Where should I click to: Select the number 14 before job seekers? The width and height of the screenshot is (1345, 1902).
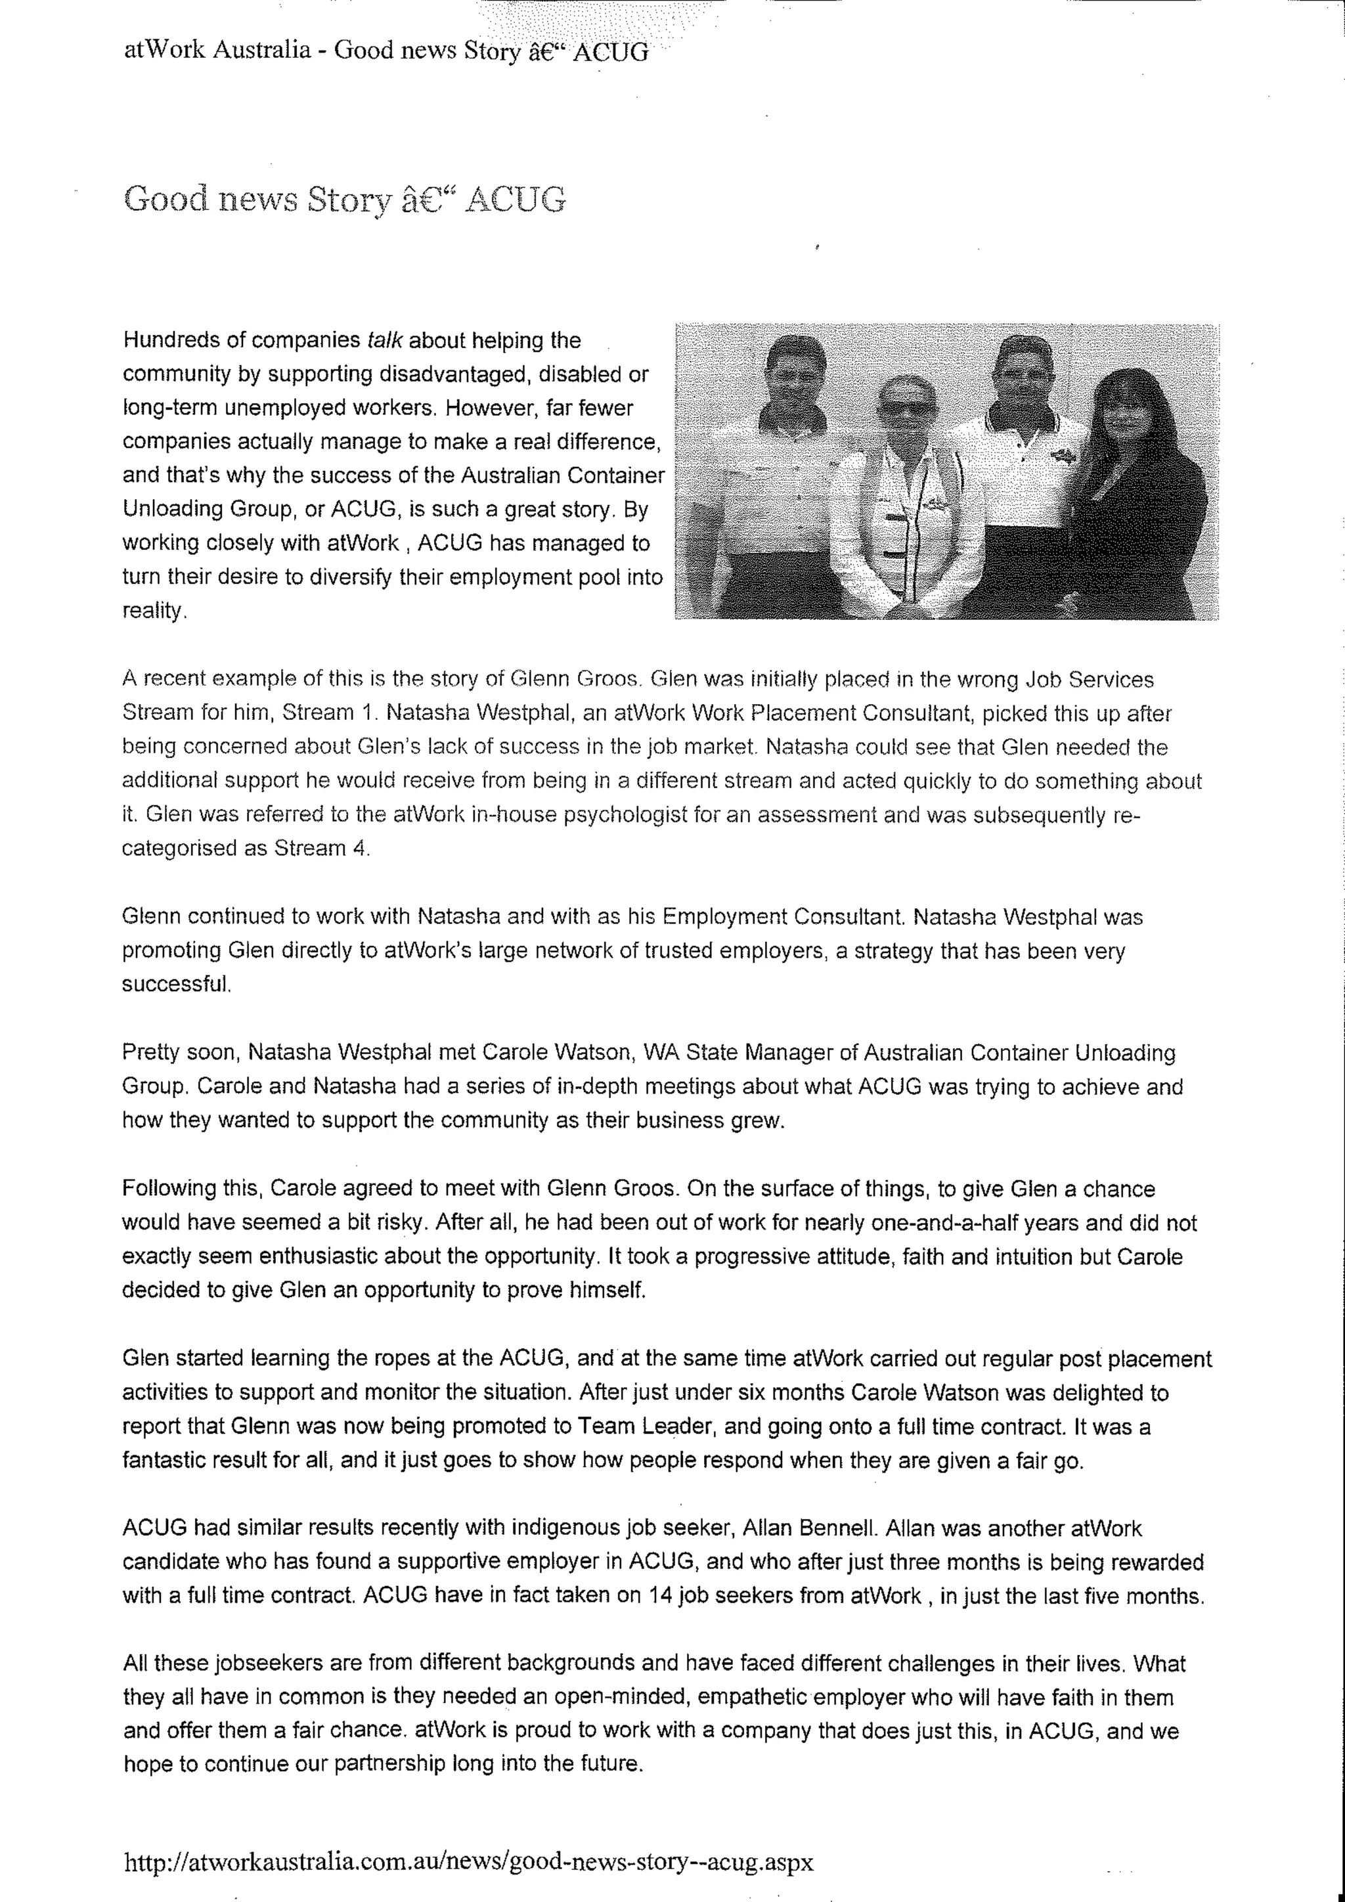point(660,1597)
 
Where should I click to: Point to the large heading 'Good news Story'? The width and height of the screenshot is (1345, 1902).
point(343,200)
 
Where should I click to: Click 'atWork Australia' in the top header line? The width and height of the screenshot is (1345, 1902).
point(217,51)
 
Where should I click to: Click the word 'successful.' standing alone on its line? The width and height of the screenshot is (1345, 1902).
point(175,985)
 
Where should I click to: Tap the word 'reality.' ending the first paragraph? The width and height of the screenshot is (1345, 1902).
point(155,611)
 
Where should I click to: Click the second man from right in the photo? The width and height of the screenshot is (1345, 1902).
point(1025,472)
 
